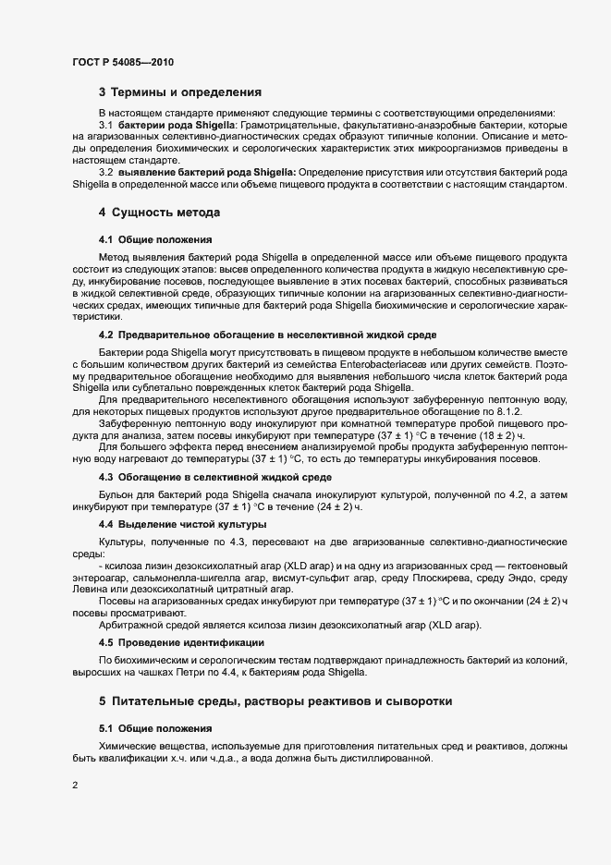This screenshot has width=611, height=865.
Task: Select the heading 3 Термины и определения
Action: click(180, 92)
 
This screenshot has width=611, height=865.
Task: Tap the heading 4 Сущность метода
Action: click(159, 213)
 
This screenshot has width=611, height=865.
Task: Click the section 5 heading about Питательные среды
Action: click(275, 701)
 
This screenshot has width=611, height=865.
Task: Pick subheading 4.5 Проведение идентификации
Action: click(181, 642)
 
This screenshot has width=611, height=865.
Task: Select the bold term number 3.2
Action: click(105, 172)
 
